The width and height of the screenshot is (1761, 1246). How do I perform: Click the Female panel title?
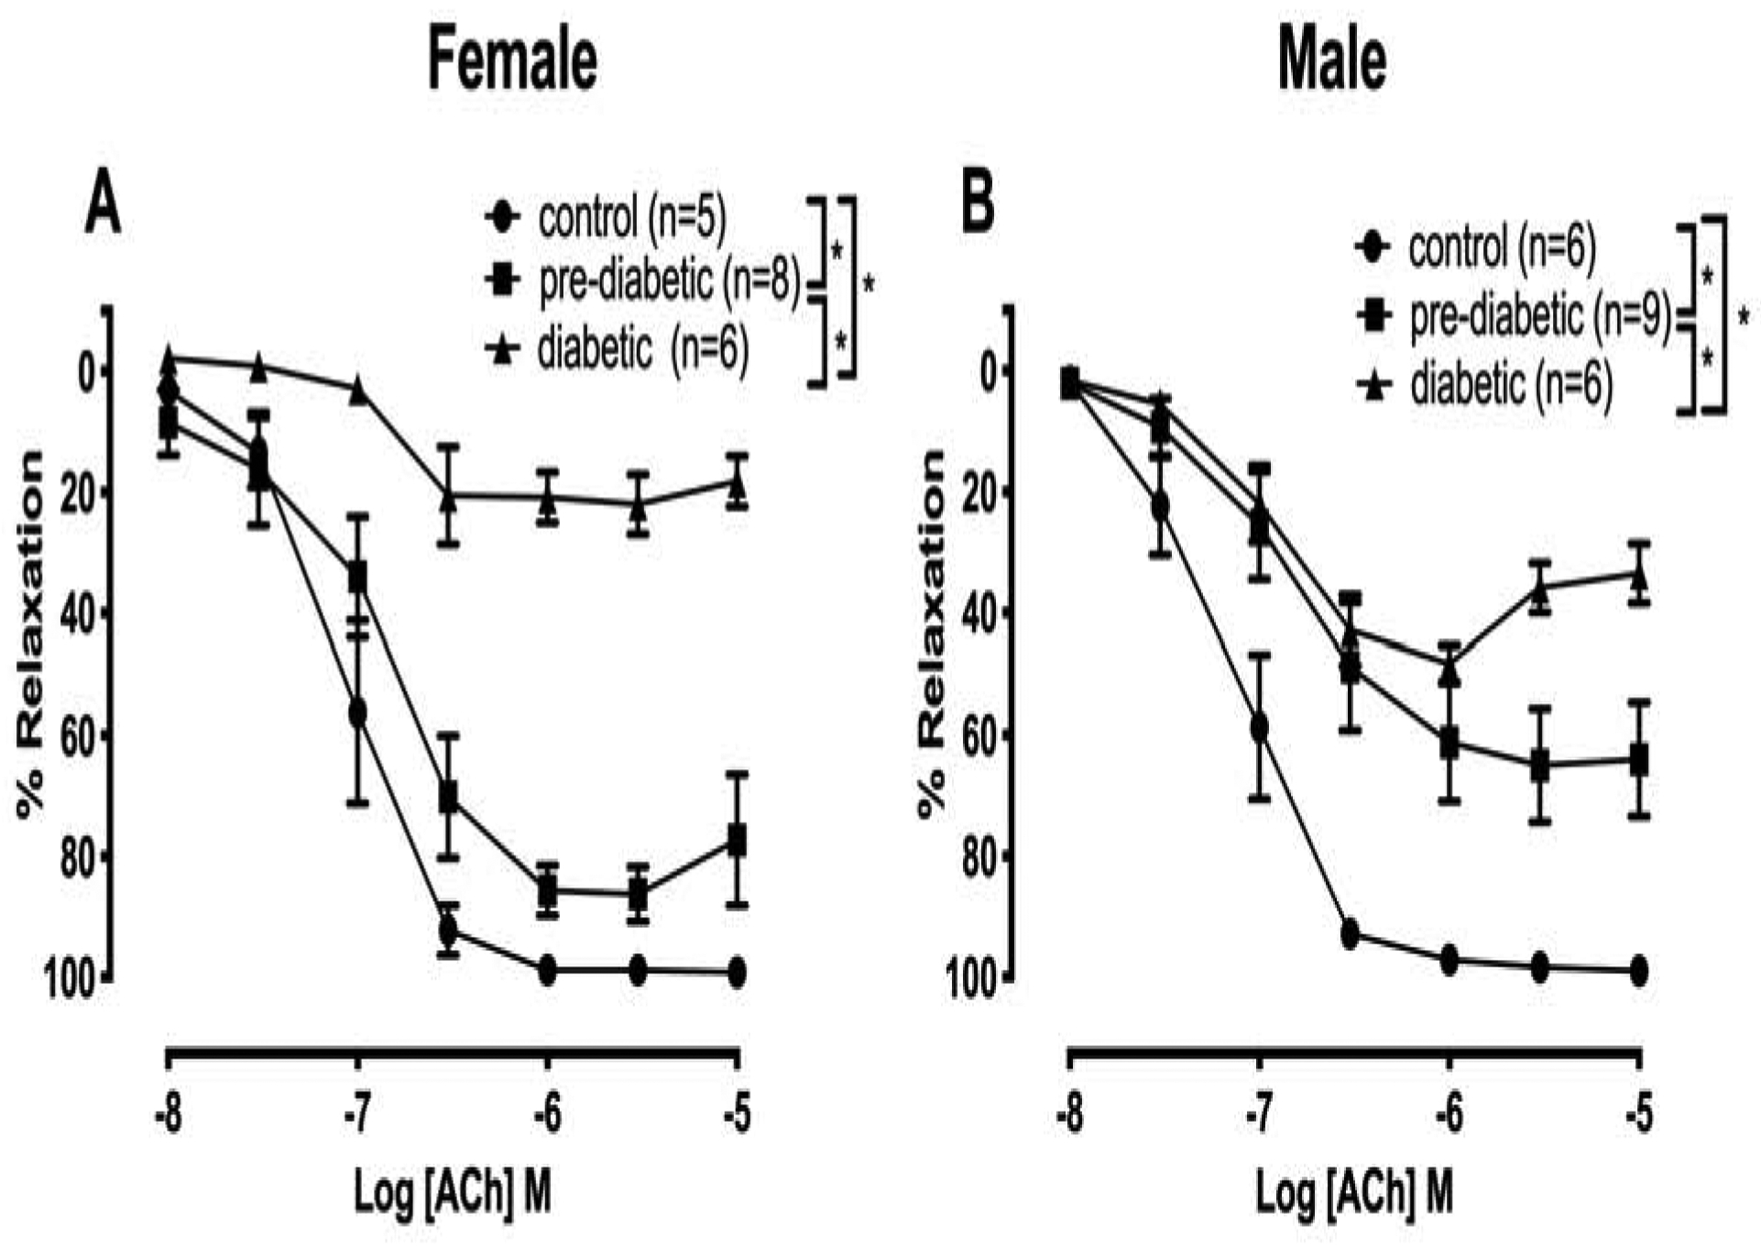pyautogui.click(x=512, y=60)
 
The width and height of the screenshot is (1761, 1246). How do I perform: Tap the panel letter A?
pyautogui.click(x=102, y=206)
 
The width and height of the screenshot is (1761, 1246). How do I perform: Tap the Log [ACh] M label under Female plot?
pyautogui.click(x=453, y=1193)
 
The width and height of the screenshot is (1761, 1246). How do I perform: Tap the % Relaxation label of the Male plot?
pyautogui.click(x=932, y=633)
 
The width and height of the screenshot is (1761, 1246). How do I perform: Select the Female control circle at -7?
pyautogui.click(x=357, y=712)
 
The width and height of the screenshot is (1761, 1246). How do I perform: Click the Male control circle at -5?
pyautogui.click(x=1639, y=970)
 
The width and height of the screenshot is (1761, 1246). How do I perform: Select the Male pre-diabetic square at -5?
pyautogui.click(x=1639, y=760)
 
